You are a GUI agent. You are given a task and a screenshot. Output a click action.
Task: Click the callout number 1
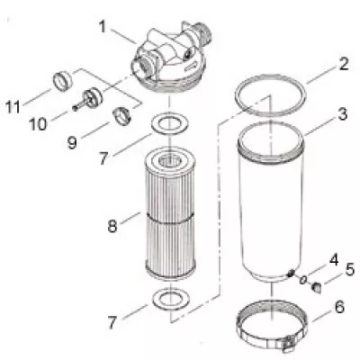pos(103,27)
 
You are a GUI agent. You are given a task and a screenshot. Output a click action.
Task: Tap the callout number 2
pos(344,64)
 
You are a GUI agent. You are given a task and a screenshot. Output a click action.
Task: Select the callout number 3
pos(342,114)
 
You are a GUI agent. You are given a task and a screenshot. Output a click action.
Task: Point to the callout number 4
pos(333,260)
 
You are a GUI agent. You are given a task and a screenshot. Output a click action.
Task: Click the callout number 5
pos(349,269)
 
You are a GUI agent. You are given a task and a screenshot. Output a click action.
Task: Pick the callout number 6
pos(339,307)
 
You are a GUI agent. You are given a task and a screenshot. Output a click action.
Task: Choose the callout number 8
pos(112,226)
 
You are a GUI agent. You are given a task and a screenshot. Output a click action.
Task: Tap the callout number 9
pos(72,142)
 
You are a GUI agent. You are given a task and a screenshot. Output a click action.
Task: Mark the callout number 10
pos(38,123)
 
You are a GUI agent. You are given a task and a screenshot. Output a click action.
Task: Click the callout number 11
pos(13,107)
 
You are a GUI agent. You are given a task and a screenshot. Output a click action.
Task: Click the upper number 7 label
pos(103,157)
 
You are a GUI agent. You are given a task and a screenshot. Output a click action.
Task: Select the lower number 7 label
pos(112,322)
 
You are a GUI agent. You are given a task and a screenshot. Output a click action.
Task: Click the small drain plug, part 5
pos(315,287)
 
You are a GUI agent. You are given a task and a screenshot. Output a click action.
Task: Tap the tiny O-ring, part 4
pos(303,280)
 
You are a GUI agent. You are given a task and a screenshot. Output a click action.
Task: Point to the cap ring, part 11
pos(63,81)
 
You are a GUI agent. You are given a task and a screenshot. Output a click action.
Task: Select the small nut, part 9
pos(121,116)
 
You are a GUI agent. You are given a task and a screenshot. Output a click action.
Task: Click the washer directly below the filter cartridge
pos(171,299)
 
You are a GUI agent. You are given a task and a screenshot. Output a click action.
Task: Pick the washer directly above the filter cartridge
pos(170,123)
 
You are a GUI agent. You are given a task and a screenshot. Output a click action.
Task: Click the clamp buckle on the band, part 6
pos(289,344)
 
